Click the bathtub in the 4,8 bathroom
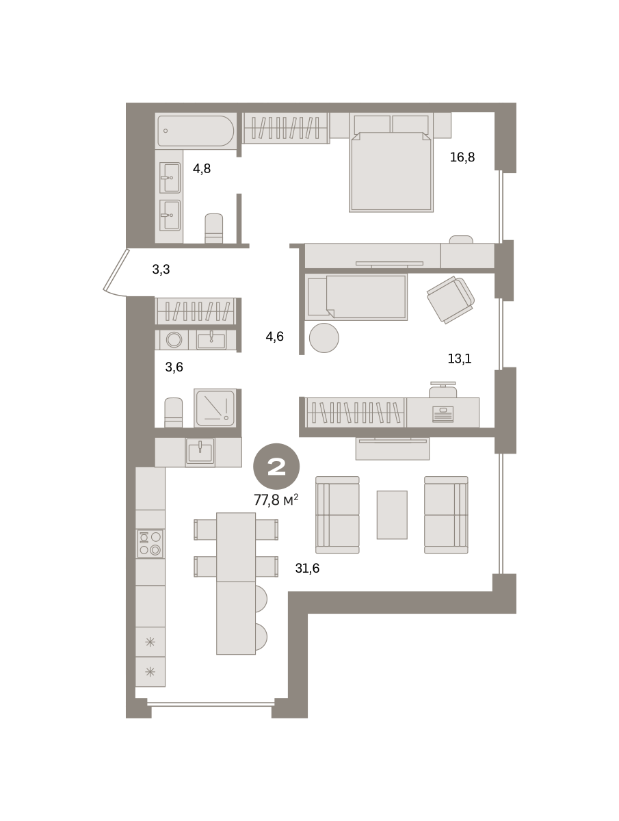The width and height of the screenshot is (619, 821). coord(196,131)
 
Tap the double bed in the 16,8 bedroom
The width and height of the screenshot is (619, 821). coord(391,172)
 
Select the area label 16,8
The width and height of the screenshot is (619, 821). coord(462,157)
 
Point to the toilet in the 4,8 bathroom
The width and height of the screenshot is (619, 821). coord(214,228)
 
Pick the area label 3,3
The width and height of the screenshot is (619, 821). coord(161,269)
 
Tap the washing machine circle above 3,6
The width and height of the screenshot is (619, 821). coord(174,339)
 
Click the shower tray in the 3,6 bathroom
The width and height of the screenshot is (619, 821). coord(215,408)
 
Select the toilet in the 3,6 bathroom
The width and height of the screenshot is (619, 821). coord(174,412)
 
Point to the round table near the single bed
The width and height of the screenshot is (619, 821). coord(324,338)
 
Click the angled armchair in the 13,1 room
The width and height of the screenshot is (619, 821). coord(451,300)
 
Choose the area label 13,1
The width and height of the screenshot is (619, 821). coord(460,359)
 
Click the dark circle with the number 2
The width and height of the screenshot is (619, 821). coord(276,467)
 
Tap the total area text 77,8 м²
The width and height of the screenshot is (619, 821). coord(276,499)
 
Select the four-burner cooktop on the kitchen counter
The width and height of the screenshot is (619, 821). coord(150,543)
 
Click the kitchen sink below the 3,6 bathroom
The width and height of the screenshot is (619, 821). coord(200,452)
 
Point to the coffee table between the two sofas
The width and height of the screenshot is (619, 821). coord(392,514)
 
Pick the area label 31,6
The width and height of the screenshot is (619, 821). coord(307,568)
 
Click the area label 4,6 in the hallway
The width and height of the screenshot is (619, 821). coord(274,337)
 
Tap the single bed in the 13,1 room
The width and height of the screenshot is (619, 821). coord(356,297)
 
